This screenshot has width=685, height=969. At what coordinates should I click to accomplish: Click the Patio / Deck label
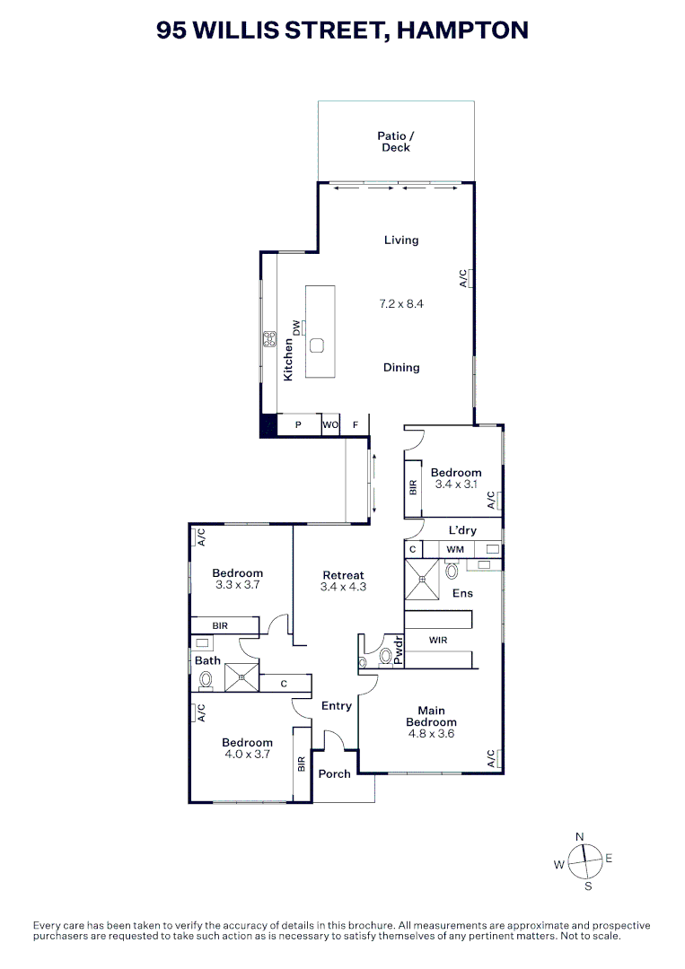(395, 142)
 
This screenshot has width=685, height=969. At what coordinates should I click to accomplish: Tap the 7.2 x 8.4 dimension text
(400, 304)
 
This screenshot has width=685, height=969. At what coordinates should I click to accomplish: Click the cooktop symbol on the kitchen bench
(268, 338)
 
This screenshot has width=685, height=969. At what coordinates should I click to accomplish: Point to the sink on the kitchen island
(318, 345)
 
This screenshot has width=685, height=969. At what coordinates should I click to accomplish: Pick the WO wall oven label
(329, 424)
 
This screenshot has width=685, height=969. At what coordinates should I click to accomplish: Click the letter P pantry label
(298, 424)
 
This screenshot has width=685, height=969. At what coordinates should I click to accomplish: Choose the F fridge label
(355, 424)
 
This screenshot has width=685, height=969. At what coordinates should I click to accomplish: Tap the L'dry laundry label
(462, 531)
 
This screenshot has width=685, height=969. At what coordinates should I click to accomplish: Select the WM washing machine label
(455, 548)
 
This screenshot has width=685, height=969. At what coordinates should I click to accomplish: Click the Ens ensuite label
(462, 593)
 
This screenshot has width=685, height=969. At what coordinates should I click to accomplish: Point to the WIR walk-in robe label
(439, 641)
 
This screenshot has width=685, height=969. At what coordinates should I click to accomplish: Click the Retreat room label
(343, 575)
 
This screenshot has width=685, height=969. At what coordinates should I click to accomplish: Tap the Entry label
(337, 706)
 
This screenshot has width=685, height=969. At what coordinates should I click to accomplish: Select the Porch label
(334, 773)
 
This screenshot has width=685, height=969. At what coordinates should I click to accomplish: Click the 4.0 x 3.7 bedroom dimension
(247, 755)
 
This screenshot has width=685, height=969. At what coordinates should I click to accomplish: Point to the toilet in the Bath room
(205, 681)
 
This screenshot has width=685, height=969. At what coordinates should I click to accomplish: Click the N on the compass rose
(579, 836)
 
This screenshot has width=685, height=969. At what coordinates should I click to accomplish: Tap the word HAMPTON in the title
(461, 30)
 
